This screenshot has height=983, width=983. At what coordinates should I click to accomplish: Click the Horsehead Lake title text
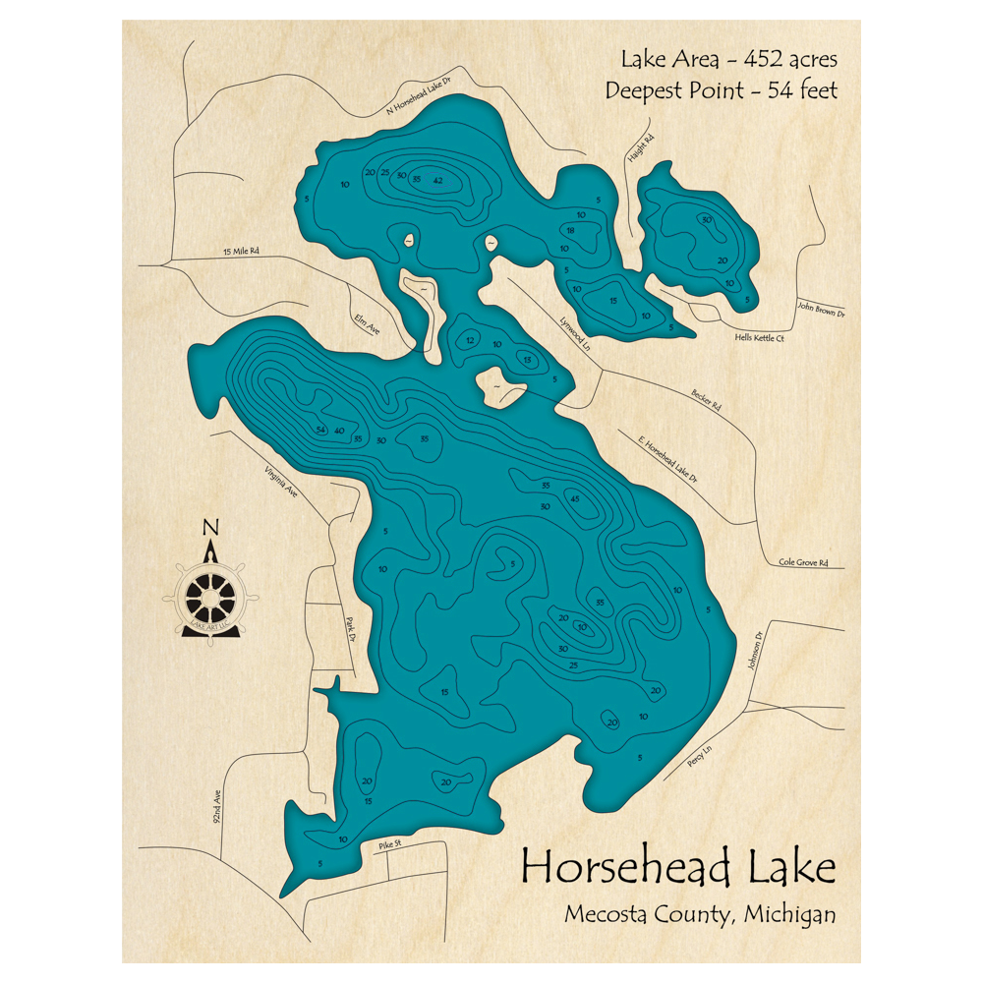pyautogui.click(x=678, y=868)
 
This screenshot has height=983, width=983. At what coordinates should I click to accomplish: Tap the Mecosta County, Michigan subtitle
pyautogui.click(x=700, y=914)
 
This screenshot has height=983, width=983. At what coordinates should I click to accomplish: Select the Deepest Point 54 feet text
pyautogui.click(x=722, y=90)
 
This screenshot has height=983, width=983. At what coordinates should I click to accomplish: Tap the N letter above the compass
pyautogui.click(x=209, y=528)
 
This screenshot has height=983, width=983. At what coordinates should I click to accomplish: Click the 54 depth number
pyautogui.click(x=320, y=431)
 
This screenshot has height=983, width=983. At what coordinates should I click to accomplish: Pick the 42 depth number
pyautogui.click(x=437, y=180)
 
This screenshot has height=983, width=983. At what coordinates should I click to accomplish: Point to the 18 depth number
pyautogui.click(x=569, y=230)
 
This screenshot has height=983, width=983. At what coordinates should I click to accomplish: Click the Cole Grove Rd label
pyautogui.click(x=803, y=563)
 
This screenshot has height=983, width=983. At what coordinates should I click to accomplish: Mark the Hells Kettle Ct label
pyautogui.click(x=759, y=337)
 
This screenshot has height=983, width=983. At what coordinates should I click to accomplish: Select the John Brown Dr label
pyautogui.click(x=821, y=309)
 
